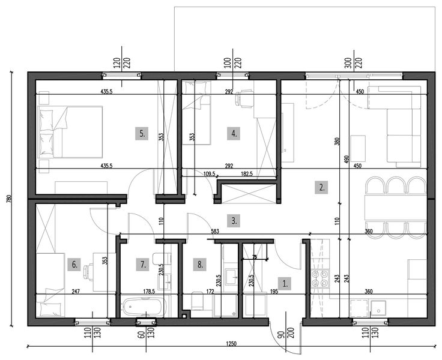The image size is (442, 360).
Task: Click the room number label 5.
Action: coord(142,134)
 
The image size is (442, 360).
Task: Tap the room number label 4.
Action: coord(234,134)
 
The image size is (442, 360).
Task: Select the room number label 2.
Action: coord(322,187)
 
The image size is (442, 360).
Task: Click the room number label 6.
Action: coord(74,263)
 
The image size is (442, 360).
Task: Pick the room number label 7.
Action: coord(142,263)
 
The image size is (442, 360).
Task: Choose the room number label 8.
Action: coord(201,263)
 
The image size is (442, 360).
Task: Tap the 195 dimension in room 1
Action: coord(274,291)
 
